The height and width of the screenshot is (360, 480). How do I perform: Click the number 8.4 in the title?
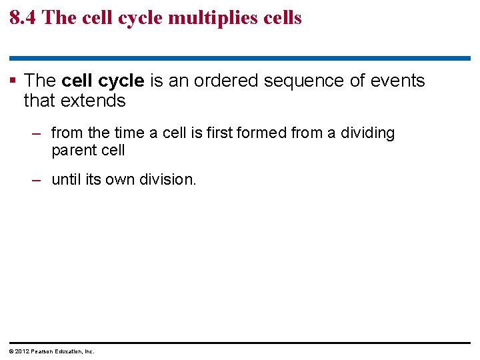point(23,17)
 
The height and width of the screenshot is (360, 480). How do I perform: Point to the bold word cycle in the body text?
point(121,81)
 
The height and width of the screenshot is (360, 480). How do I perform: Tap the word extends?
point(93,101)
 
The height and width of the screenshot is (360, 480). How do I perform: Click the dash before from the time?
point(38,133)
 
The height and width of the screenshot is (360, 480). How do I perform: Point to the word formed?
point(263,133)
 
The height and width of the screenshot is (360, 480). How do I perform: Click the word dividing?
point(367,133)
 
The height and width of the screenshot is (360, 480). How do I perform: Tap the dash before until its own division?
point(38,179)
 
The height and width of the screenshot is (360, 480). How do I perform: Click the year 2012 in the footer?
point(21,351)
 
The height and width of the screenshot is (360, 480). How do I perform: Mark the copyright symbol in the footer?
point(11,351)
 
